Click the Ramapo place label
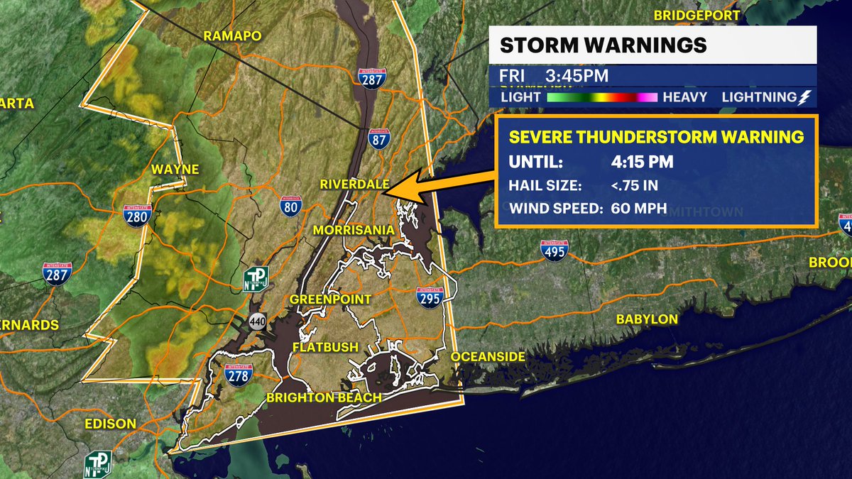coord(232,36)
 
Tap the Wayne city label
coord(175,170)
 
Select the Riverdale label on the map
coord(354,185)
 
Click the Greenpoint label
coord(330,299)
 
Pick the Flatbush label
coord(325,347)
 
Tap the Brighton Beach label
coord(324,397)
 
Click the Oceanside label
coord(488,356)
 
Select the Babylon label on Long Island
coord(646,319)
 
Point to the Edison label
coord(109,424)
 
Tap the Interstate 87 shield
coord(378,138)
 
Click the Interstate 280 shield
coord(137,216)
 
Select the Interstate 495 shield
coord(555,250)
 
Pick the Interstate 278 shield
coord(237,373)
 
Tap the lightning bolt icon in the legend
coord(805,97)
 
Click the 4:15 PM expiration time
coord(642,163)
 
